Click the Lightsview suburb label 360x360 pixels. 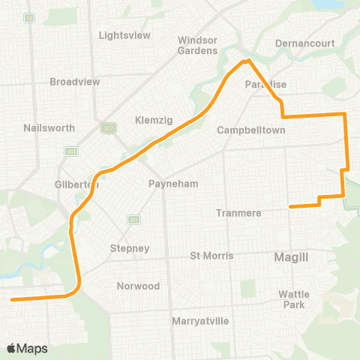coord(124,35)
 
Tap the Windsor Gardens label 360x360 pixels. coord(198,45)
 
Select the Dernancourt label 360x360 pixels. coord(304,43)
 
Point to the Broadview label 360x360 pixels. coord(71,82)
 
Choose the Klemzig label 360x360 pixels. coord(154,120)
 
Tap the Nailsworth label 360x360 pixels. coord(49,128)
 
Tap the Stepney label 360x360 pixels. coord(130,248)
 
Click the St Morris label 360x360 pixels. coord(212,256)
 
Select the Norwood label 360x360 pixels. coord(138,286)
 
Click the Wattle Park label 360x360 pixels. coord(293,299)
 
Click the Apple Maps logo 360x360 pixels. coord(27,349)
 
